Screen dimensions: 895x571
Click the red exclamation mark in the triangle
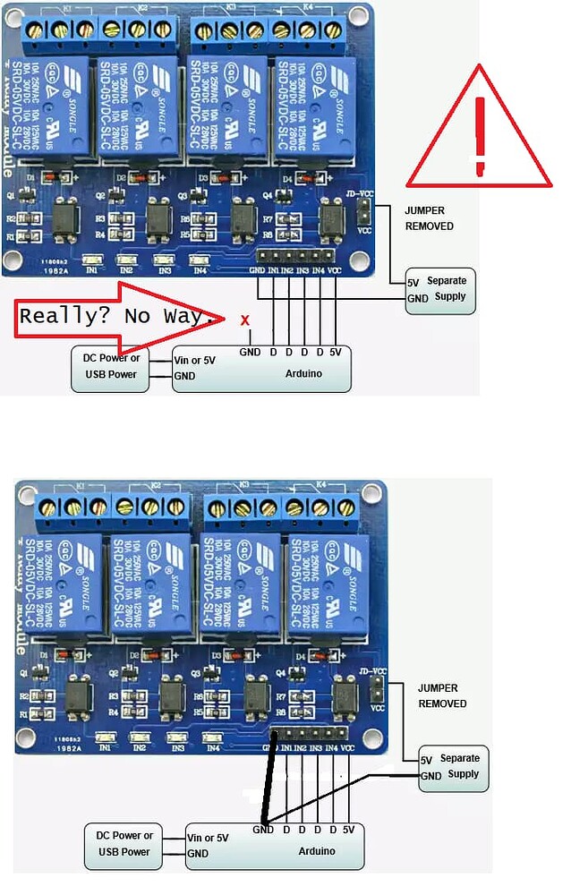tap(481, 134)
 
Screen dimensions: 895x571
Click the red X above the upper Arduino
tap(245, 319)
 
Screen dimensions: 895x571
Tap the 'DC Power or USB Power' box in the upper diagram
tap(111, 366)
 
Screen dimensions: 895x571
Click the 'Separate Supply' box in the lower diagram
tap(454, 767)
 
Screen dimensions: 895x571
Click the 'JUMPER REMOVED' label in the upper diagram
tap(430, 218)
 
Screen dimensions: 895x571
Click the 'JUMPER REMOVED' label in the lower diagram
tap(442, 696)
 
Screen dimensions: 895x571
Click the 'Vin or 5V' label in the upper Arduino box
tap(196, 360)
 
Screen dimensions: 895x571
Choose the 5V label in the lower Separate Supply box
tap(426, 760)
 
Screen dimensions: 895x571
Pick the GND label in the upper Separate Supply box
tap(417, 298)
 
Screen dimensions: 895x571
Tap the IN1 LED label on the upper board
tap(89, 268)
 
